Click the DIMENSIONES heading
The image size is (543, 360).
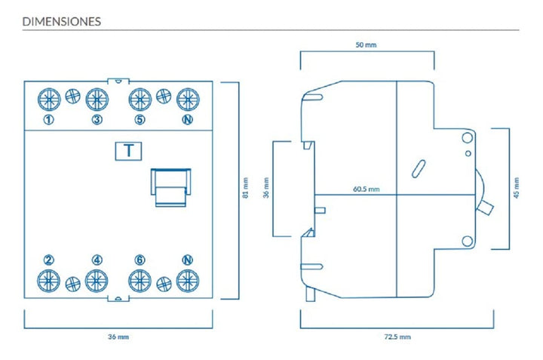[62, 21]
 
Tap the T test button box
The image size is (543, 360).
[128, 151]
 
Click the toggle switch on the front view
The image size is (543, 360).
[170, 187]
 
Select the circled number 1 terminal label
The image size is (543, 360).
[49, 119]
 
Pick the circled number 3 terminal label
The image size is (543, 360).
[97, 119]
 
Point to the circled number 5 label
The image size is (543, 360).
[140, 119]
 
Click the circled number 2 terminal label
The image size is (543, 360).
[49, 260]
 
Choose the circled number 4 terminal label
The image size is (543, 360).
[97, 260]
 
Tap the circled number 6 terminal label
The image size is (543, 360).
[140, 260]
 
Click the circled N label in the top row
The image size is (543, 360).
[187, 119]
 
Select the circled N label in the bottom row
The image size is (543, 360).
[187, 260]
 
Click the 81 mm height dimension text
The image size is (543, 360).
[246, 188]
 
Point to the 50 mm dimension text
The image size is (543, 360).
[366, 45]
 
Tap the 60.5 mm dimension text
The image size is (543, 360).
[367, 189]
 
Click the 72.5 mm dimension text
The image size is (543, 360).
[397, 337]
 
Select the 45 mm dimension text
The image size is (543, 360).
[517, 188]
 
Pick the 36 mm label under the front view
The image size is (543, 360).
[118, 337]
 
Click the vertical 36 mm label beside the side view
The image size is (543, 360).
[266, 188]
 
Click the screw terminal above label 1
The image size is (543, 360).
[49, 100]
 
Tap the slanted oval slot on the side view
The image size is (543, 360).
[419, 169]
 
